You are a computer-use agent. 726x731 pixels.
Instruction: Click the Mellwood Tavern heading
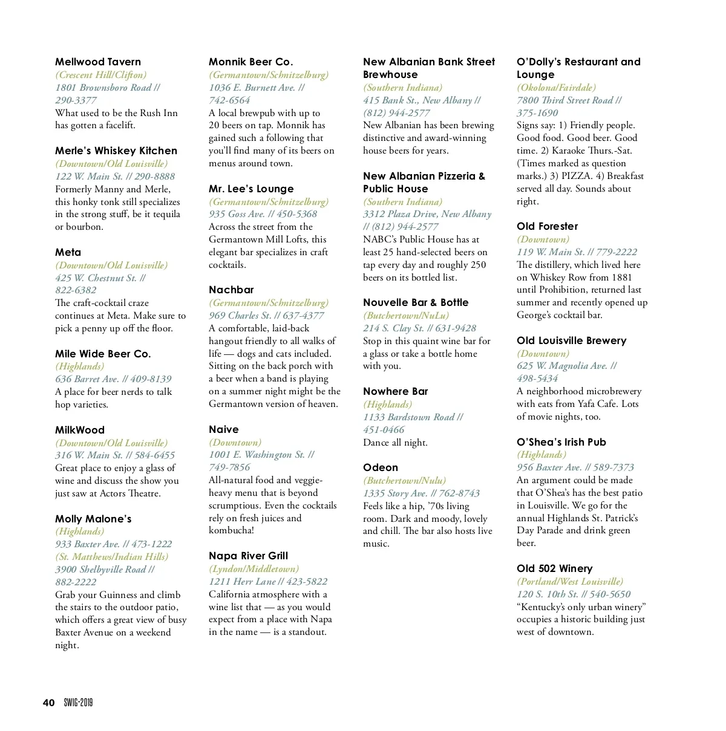tap(98, 62)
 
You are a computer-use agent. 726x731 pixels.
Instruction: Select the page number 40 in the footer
tap(48, 703)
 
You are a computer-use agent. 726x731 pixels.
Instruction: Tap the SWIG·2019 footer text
tap(78, 703)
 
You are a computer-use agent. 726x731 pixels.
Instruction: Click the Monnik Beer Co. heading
tap(250, 62)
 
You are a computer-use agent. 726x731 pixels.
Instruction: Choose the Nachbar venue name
tap(231, 290)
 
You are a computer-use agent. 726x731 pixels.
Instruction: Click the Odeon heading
tap(381, 467)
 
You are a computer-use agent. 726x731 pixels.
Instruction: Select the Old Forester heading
tap(547, 226)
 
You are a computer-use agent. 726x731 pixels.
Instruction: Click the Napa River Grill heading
tap(248, 556)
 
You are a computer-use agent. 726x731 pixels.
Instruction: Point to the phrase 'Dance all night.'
tap(395, 443)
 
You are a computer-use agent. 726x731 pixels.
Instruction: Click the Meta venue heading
tap(68, 252)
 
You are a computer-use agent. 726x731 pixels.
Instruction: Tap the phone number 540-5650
tap(610, 594)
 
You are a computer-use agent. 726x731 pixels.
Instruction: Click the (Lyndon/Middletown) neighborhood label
tap(253, 569)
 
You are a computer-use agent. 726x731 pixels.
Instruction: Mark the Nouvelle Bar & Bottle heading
tap(416, 302)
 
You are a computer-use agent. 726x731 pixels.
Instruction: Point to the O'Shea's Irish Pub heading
tap(561, 442)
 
